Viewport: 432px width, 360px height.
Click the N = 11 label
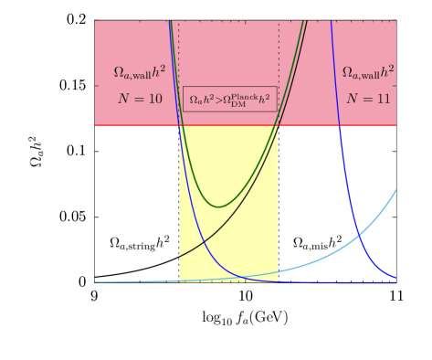(x=368, y=98)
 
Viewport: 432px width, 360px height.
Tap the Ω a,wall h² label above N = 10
(x=137, y=73)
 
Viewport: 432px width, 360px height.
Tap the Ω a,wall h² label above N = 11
(x=368, y=73)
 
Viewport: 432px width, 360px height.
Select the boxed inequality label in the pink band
(x=229, y=99)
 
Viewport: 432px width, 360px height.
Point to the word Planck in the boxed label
(x=248, y=93)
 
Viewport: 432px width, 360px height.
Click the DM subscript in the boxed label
(x=238, y=104)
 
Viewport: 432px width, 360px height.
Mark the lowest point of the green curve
(x=218, y=206)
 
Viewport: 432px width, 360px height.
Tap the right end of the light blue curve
(x=395, y=190)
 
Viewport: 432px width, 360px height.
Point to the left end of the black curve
(x=180, y=258)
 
